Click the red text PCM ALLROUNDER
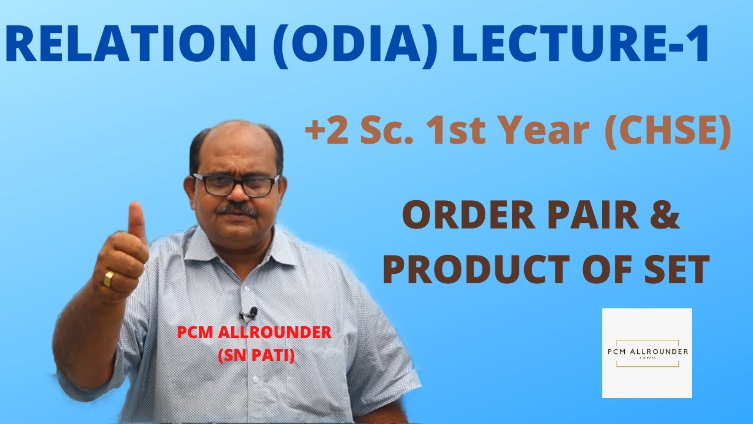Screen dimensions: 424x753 tap(255, 332)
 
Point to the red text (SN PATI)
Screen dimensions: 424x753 tap(255, 356)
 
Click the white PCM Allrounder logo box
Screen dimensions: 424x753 tap(647, 353)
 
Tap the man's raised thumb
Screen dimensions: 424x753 tap(137, 221)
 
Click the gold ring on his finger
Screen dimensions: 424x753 tap(109, 278)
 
